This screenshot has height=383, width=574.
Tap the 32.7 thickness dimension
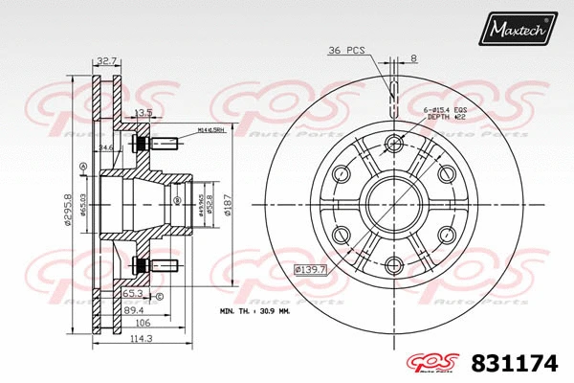click(106, 60)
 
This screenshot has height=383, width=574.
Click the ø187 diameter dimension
click(229, 203)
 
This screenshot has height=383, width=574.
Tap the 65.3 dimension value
click(131, 296)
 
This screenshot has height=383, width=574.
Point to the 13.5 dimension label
click(143, 112)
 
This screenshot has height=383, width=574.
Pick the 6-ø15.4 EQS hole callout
click(447, 111)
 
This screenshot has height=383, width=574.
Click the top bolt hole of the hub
click(393, 144)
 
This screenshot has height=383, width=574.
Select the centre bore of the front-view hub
click(393, 205)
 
